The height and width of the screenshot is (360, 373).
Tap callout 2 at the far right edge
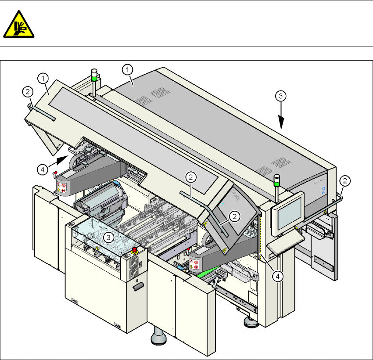[346, 180]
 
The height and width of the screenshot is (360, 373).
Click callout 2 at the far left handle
[27, 92]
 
